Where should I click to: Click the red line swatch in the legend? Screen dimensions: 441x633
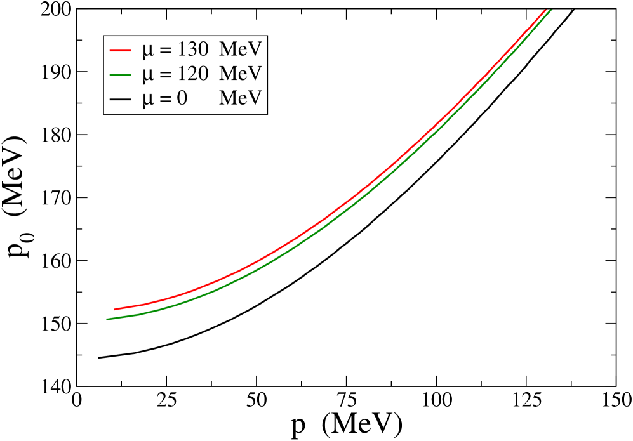[120, 50]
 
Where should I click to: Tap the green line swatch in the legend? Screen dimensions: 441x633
[120, 75]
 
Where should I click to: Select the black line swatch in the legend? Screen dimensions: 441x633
[120, 100]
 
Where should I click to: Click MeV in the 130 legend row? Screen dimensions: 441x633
[240, 49]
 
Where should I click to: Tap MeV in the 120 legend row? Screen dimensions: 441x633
[240, 74]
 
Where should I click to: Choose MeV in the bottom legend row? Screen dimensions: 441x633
[240, 99]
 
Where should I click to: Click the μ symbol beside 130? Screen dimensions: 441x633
[147, 51]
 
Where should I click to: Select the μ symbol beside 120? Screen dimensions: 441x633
[147, 76]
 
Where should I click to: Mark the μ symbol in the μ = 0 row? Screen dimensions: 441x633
[147, 100]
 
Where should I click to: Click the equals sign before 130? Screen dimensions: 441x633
[164, 50]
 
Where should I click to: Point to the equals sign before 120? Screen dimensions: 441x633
[164, 75]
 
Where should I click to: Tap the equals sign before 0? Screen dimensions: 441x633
[164, 100]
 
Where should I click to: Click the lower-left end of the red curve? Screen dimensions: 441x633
[115, 310]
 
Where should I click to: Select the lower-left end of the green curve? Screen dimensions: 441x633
[107, 319]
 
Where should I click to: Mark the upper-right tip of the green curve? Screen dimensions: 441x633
[550, 9]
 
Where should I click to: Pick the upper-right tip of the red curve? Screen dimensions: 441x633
[546, 8]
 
